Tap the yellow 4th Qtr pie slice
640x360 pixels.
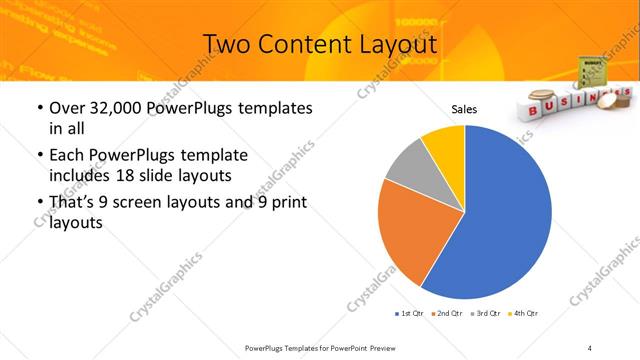click(x=444, y=144)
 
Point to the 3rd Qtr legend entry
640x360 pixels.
click(x=484, y=314)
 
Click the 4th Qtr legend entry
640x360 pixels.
click(x=523, y=314)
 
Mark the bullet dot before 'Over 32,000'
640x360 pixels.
click(x=39, y=107)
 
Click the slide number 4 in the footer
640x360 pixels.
click(x=589, y=347)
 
